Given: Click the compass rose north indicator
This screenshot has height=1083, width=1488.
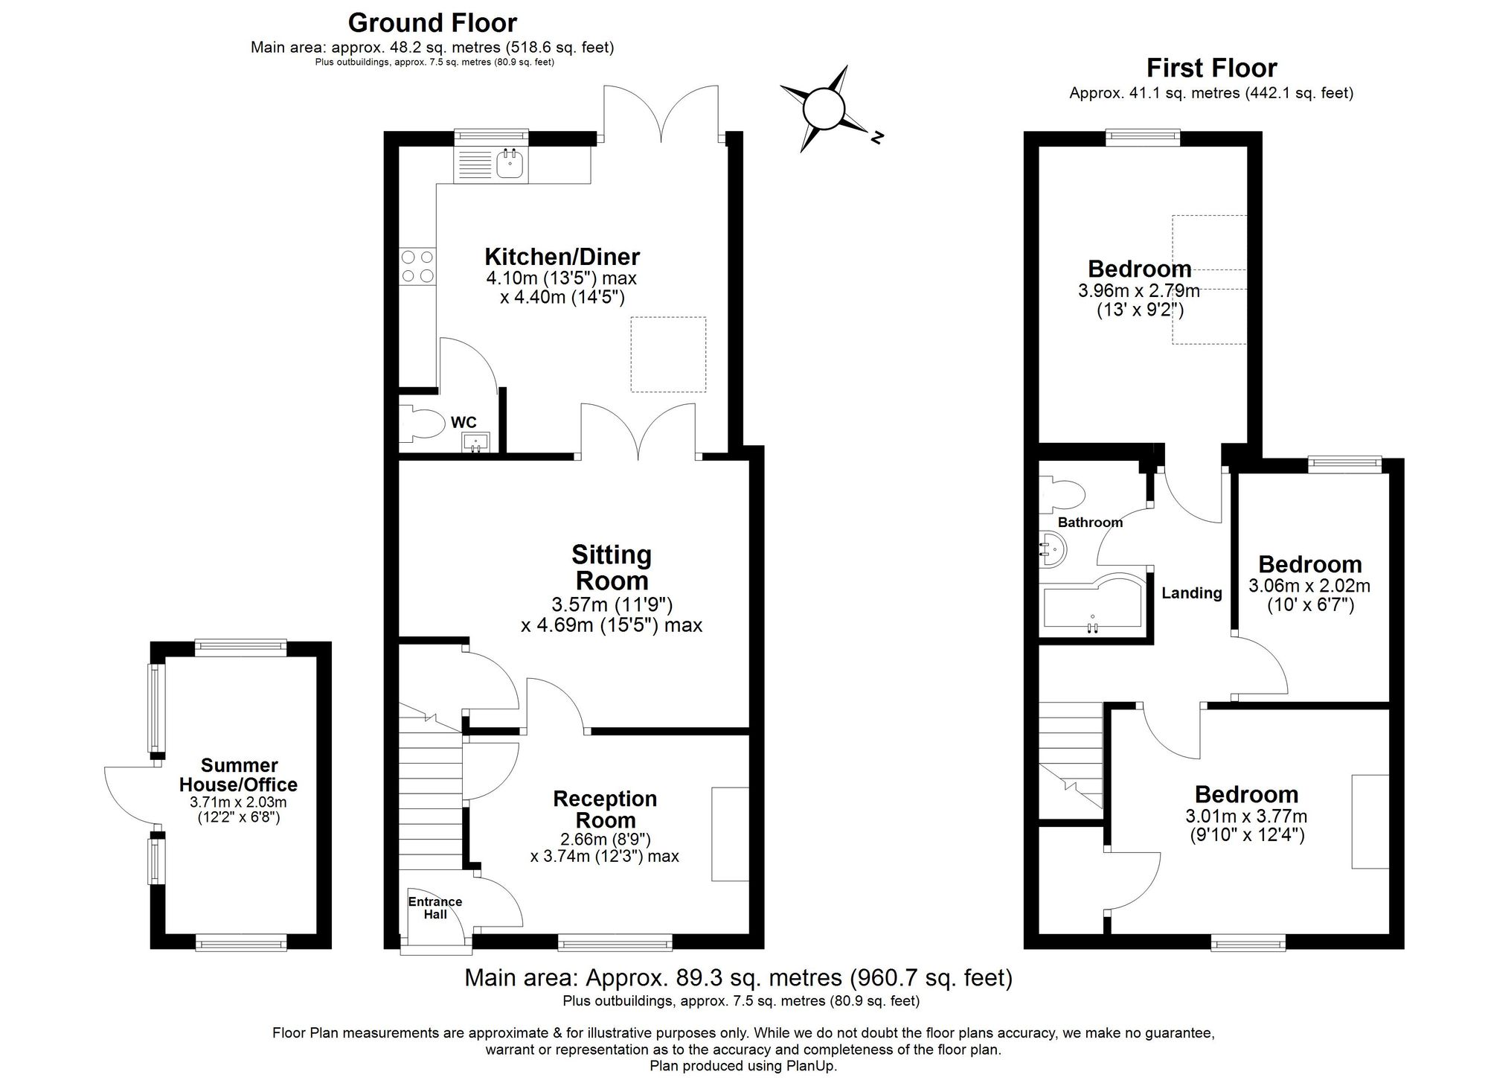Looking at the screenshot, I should (x=876, y=137).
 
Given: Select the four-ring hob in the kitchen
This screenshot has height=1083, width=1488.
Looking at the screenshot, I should (x=417, y=266).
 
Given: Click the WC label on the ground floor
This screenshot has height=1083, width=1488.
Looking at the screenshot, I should (x=464, y=423).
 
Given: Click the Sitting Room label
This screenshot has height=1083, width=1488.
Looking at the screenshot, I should (x=612, y=567).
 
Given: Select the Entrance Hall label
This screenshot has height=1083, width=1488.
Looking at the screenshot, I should (x=435, y=907).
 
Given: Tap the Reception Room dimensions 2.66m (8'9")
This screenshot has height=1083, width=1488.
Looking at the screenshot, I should (x=605, y=839).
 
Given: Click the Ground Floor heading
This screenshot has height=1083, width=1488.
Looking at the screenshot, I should (x=432, y=23).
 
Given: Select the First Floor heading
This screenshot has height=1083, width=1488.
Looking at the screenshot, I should (x=1211, y=68).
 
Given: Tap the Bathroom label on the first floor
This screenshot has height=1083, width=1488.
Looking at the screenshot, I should (x=1090, y=523).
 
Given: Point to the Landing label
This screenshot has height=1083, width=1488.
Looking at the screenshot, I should (x=1192, y=593).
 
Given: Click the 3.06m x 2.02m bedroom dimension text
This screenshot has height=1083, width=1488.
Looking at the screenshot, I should (x=1309, y=586).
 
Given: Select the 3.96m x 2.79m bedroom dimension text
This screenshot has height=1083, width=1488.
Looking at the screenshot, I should (x=1139, y=290).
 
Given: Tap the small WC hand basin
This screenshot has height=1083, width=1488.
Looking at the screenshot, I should (x=475, y=443).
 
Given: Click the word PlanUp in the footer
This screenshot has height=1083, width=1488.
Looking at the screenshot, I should (x=811, y=1066).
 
